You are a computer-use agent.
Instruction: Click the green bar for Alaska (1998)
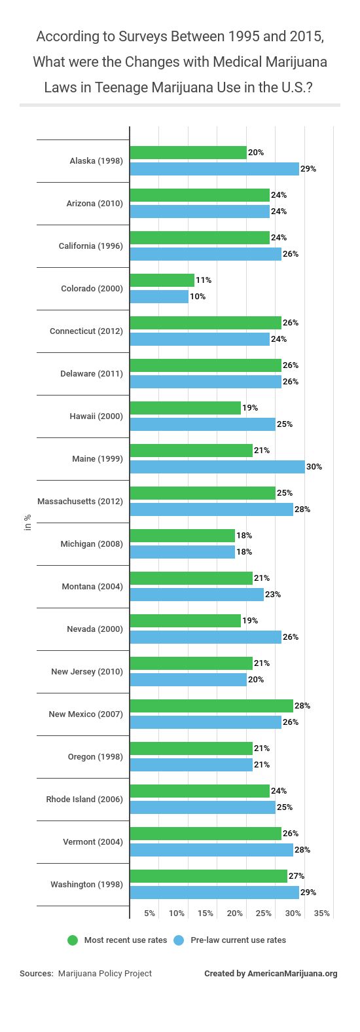189,153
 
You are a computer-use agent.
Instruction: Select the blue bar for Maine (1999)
217,467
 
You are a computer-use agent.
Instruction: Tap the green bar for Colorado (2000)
162,280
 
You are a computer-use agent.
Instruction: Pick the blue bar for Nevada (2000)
206,637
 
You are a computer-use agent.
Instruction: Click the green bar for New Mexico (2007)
211,706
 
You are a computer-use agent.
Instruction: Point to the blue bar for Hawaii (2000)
203,424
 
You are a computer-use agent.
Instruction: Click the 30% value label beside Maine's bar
314,467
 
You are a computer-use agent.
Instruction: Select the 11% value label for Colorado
203,280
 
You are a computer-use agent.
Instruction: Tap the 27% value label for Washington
297,876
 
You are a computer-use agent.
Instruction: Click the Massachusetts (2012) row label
80,502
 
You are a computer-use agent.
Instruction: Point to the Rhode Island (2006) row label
84,800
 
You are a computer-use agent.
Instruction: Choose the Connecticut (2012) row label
86,331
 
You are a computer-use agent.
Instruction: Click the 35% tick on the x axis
321,913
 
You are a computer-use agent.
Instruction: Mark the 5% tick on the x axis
149,913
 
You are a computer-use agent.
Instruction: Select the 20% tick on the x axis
235,913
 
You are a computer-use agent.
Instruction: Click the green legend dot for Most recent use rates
73,940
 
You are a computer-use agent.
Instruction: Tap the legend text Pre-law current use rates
238,940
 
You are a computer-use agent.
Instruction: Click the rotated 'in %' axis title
27,523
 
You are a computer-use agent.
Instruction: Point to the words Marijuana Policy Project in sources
105,974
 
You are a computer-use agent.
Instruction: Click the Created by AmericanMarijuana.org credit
270,974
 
